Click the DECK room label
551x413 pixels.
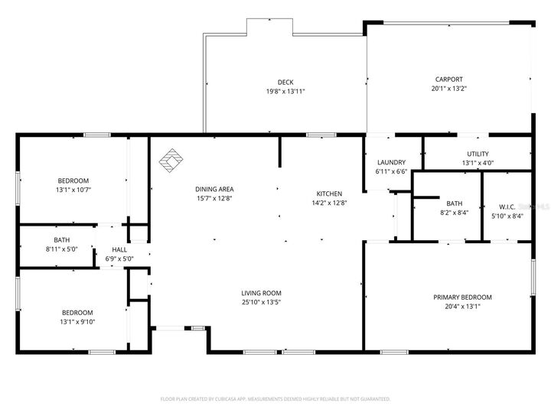[285, 83]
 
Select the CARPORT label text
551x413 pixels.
[448, 79]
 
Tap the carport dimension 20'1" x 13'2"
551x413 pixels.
[448, 89]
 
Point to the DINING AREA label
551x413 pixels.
[214, 189]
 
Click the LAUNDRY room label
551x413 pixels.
[391, 162]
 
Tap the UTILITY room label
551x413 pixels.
[478, 154]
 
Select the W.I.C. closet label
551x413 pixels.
[506, 206]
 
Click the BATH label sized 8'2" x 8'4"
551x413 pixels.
[455, 203]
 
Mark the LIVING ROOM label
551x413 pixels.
[261, 293]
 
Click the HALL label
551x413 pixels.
[119, 249]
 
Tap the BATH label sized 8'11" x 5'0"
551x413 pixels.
[61, 239]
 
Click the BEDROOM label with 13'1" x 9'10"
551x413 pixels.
[77, 312]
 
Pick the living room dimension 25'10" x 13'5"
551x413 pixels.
[261, 302]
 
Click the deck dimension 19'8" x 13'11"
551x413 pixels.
[285, 92]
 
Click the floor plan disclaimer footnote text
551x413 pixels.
[275, 398]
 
